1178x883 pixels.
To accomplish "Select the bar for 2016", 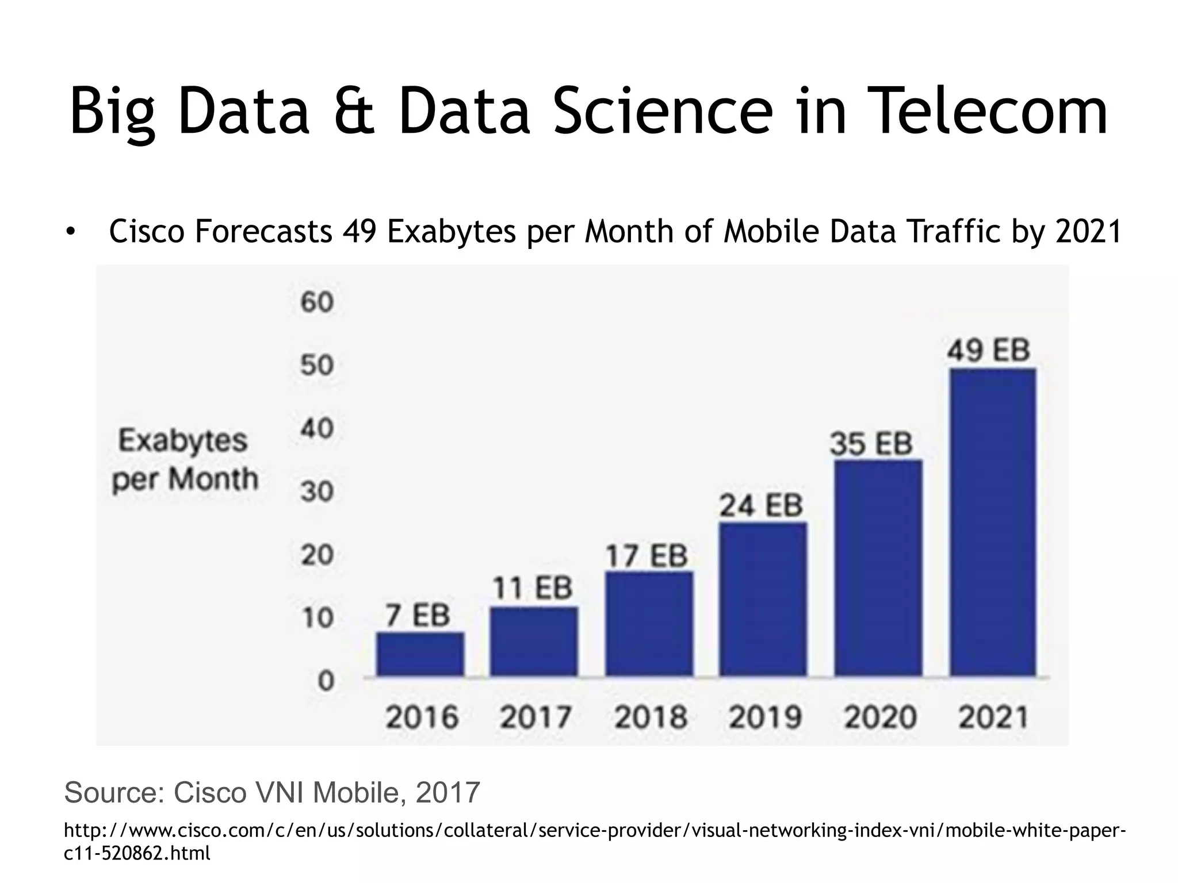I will tap(420, 654).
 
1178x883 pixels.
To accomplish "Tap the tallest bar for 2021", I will tap(993, 521).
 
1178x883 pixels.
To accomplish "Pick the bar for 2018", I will tap(649, 623).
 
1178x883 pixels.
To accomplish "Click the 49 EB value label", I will tap(988, 350).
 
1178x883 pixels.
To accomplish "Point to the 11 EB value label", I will tap(533, 588).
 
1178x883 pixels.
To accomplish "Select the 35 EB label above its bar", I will tap(871, 444).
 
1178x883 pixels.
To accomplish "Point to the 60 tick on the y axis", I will tap(316, 302).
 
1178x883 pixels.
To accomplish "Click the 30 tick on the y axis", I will tap(316, 492).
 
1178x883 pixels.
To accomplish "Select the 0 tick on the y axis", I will tap(326, 681).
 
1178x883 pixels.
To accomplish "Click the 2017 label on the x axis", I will tap(535, 717).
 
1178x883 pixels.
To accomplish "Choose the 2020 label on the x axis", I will tap(879, 717).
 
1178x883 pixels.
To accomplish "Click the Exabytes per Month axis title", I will tap(184, 460).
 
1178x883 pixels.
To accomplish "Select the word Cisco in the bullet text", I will tap(147, 232).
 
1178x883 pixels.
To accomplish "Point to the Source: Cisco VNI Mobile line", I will tap(271, 792).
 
